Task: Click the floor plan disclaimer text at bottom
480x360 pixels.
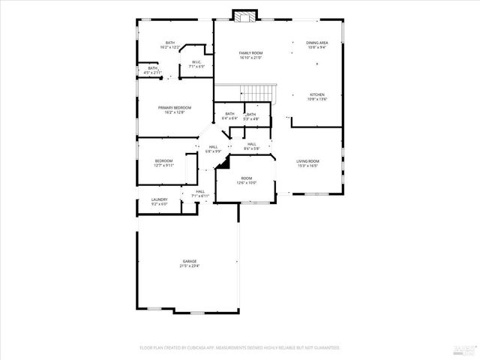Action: (240, 348)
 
